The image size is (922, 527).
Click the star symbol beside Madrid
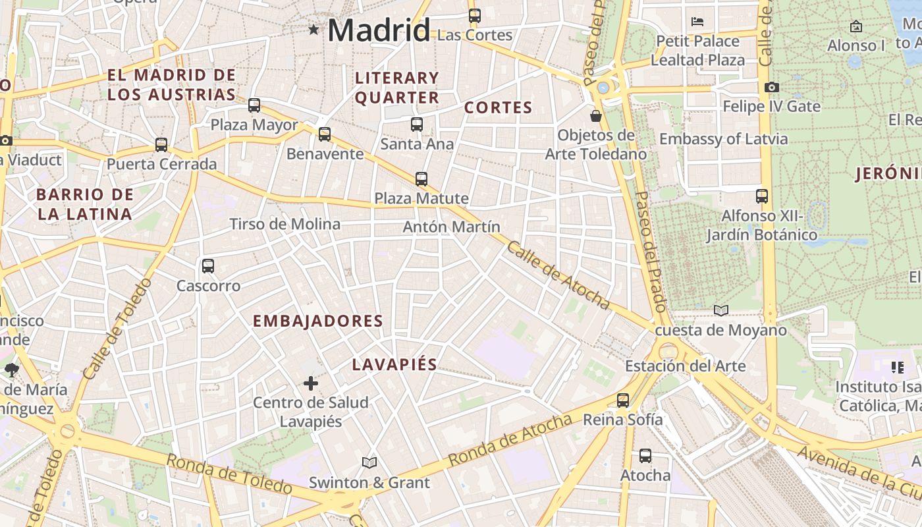313,30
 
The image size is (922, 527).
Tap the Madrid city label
379,30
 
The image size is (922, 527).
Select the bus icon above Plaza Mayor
254,105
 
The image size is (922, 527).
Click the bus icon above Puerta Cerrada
161,145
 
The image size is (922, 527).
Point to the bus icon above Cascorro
208,266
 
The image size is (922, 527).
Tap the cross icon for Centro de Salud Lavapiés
311,383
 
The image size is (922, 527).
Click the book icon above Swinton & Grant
369,463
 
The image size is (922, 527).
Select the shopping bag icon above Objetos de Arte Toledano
596,116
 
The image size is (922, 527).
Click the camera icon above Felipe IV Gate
772,87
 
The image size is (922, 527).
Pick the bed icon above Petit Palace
697,22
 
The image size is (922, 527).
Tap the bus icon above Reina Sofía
623,400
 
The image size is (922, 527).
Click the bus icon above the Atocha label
645,455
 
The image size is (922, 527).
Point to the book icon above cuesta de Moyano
721,310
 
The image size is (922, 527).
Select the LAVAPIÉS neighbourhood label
394,365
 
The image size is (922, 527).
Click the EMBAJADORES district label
318,321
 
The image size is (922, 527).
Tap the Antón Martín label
452,227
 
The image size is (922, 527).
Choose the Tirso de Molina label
285,225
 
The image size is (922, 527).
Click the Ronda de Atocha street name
510,440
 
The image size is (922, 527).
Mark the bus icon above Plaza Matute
421,179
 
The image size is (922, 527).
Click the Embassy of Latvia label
723,139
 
